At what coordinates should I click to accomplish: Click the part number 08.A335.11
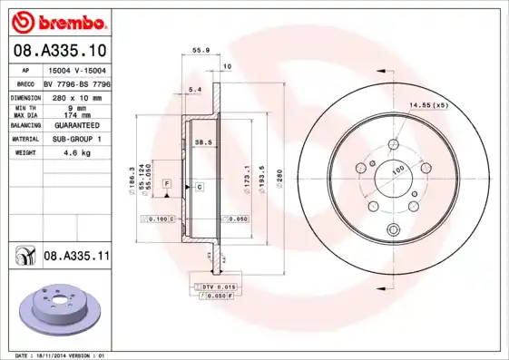click(x=76, y=257)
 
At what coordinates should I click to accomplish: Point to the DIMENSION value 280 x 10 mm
click(x=76, y=96)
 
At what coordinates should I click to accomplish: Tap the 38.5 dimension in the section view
click(x=203, y=142)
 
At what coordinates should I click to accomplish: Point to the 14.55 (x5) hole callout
click(x=428, y=106)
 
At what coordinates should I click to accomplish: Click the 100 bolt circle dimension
click(x=397, y=170)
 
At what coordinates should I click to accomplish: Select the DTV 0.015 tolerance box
click(x=214, y=287)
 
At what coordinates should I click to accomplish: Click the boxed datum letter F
click(x=167, y=184)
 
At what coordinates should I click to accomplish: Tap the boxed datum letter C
click(x=198, y=185)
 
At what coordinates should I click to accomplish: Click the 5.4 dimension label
click(x=192, y=90)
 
